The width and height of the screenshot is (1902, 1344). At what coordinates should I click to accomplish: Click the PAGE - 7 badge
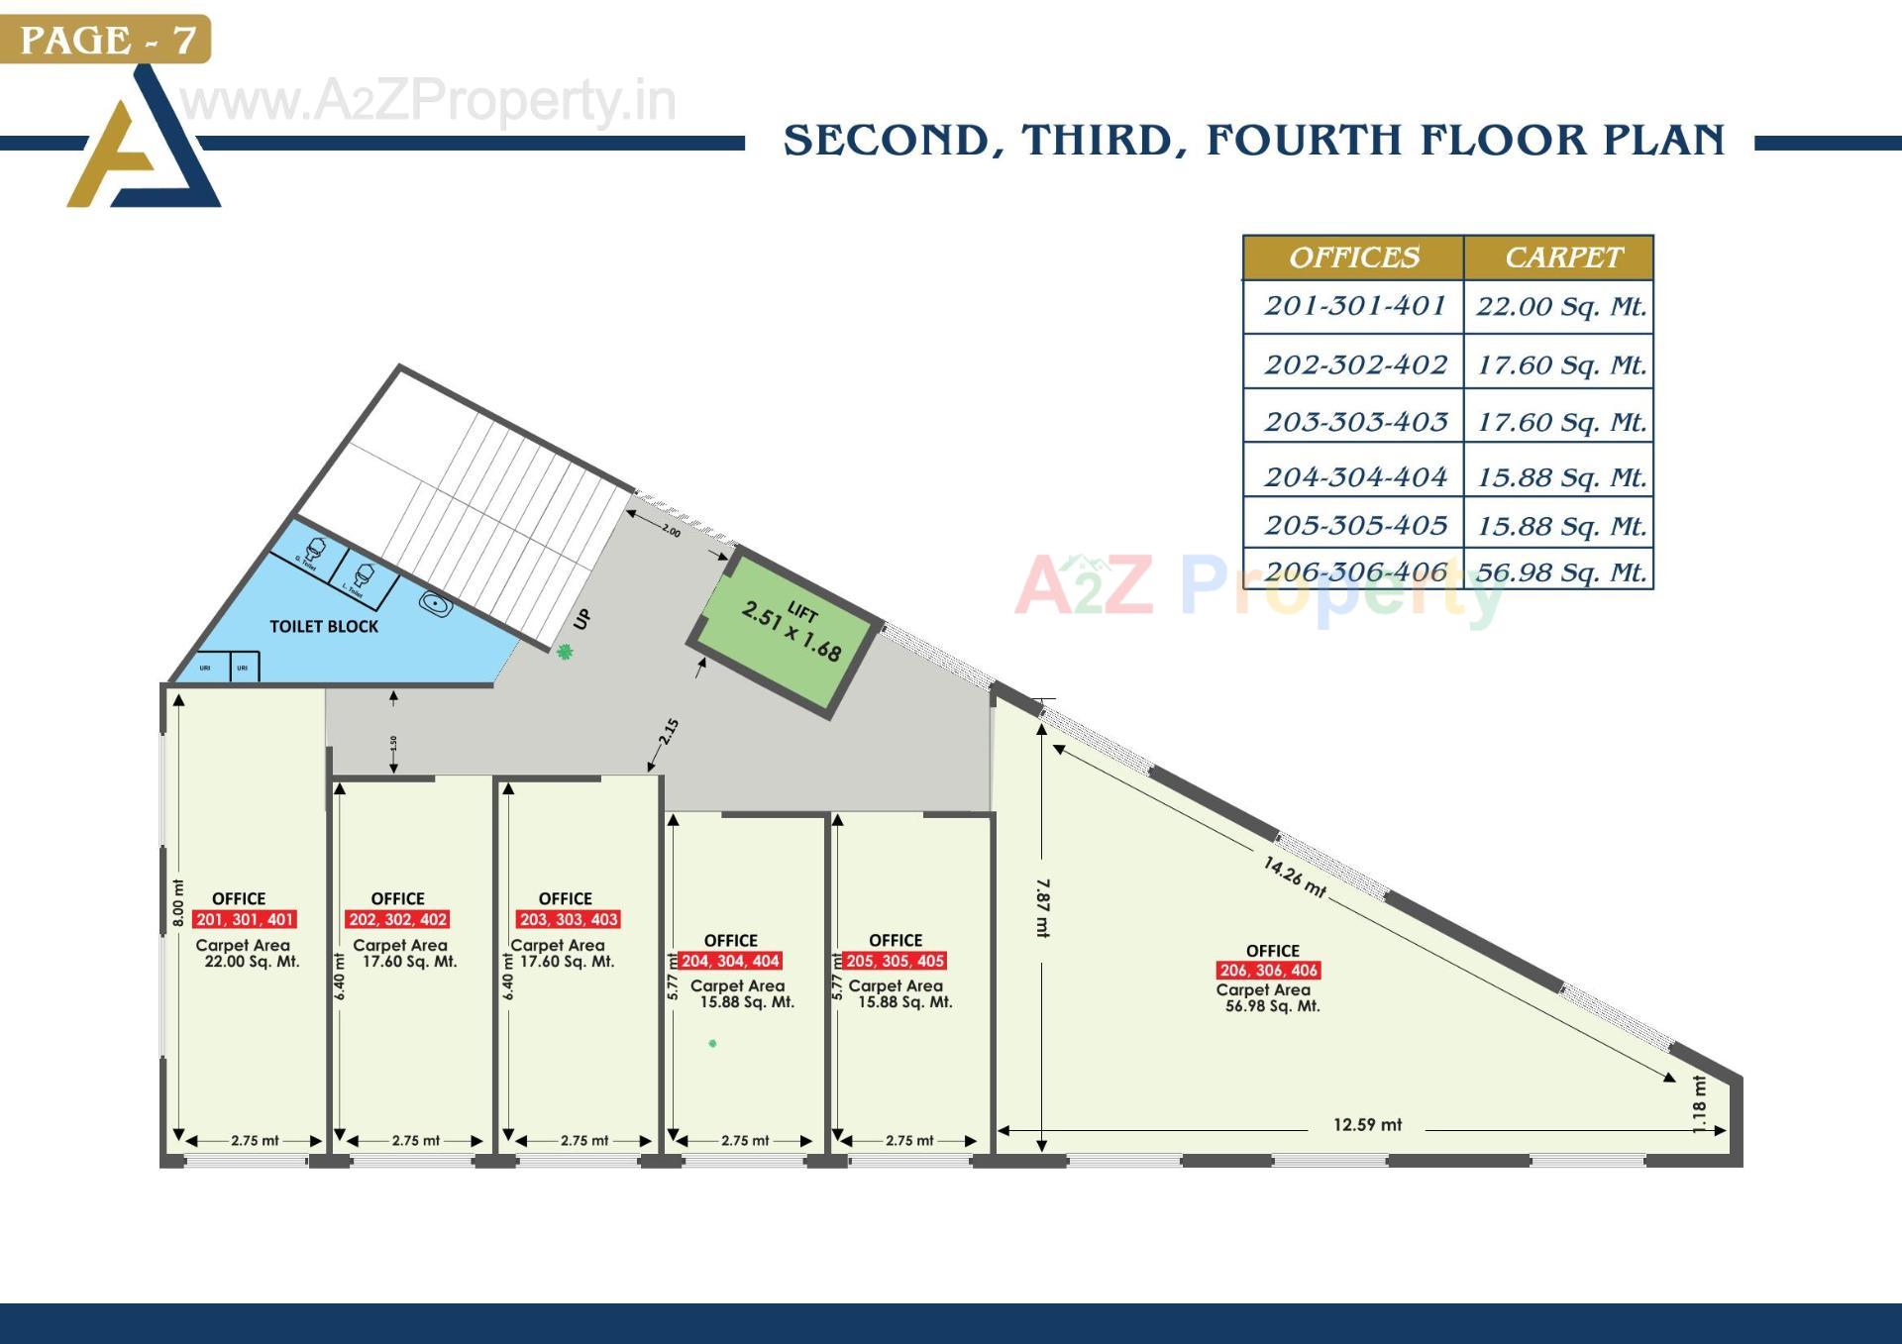[106, 40]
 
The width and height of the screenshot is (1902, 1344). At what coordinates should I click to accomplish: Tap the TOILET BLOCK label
[324, 626]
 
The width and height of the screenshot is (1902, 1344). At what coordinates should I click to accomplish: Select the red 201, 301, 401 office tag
[245, 919]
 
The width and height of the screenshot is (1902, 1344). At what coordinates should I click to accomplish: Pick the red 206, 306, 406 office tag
[1268, 970]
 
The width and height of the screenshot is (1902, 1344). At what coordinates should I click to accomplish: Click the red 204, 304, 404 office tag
[730, 961]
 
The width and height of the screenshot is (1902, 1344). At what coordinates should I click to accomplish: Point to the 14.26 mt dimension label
[1294, 876]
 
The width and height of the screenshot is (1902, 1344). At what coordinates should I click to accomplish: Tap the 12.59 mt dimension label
[1367, 1124]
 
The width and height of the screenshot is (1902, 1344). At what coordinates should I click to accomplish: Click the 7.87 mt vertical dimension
[1042, 907]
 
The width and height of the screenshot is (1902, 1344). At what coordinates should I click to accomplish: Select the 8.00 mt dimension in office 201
[178, 902]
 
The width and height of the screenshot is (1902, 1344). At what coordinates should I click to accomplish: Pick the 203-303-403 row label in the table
[1355, 422]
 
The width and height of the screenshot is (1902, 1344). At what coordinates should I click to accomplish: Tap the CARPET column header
[1563, 258]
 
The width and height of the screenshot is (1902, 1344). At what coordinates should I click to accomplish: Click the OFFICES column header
[1354, 258]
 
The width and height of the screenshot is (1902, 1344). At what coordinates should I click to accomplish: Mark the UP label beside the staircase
[582, 619]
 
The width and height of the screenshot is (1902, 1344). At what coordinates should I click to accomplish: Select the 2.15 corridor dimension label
[670, 732]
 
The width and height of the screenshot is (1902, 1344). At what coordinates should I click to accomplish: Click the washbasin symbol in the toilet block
[436, 602]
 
